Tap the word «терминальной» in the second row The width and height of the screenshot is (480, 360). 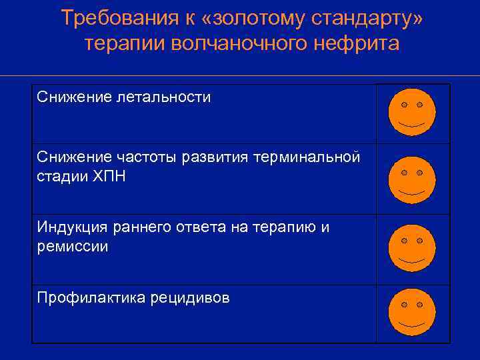(306, 157)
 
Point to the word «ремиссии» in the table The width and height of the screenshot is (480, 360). (73, 246)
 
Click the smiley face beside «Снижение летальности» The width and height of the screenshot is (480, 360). (412, 112)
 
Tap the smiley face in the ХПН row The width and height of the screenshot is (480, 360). (412, 180)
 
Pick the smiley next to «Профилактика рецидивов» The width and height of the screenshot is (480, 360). (412, 312)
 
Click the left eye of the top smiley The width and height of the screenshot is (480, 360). (404, 105)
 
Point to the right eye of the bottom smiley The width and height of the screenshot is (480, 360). (420, 305)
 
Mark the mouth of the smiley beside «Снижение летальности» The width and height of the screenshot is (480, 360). (412, 125)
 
